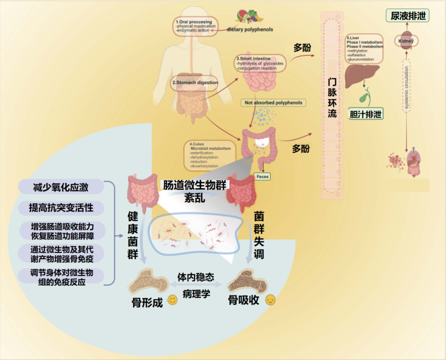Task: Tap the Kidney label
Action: (406, 41)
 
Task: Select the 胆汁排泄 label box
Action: (365, 114)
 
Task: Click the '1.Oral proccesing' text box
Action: (196, 26)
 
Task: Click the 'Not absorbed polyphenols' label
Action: (273, 103)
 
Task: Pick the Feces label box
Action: (262, 176)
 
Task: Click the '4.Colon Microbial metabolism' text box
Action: (211, 155)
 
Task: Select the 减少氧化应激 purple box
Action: (61, 187)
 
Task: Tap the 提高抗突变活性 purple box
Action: (61, 207)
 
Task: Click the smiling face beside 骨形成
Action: (172, 300)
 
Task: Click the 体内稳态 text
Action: (196, 277)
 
